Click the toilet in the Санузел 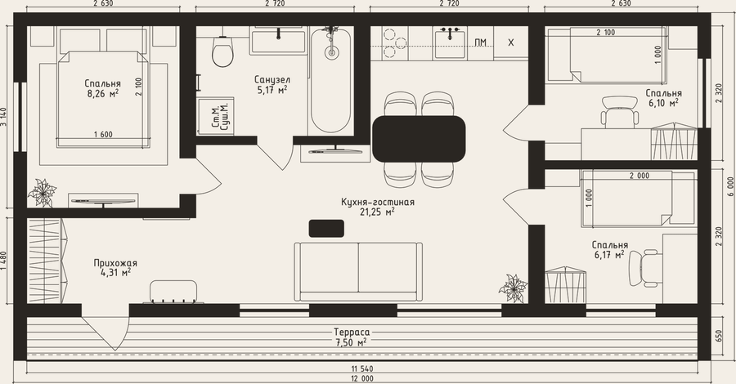pyautogui.click(x=222, y=51)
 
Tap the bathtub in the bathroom pyautogui.click(x=331, y=81)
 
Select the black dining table pyautogui.click(x=419, y=139)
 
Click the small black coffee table pyautogui.click(x=326, y=228)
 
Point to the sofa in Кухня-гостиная pyautogui.click(x=358, y=272)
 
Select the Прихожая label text pyautogui.click(x=115, y=263)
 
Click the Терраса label pyautogui.click(x=352, y=332)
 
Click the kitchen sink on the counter pyautogui.click(x=450, y=43)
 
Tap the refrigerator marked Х pyautogui.click(x=510, y=42)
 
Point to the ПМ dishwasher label pyautogui.click(x=480, y=43)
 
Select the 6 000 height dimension pyautogui.click(x=729, y=186)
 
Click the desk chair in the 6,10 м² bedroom pyautogui.click(x=620, y=112)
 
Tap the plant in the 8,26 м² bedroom pyautogui.click(x=43, y=192)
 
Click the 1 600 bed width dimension pyautogui.click(x=103, y=135)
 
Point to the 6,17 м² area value pyautogui.click(x=609, y=255)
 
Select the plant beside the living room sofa pyautogui.click(x=514, y=288)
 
